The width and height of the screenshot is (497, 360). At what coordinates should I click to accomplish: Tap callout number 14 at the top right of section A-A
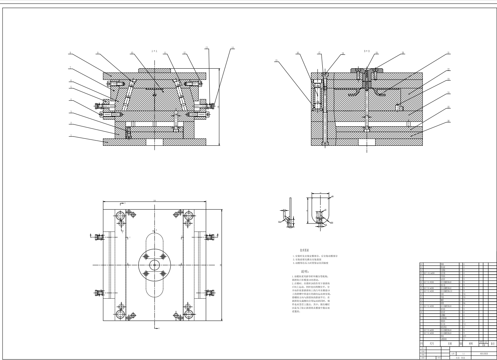coord(232,48)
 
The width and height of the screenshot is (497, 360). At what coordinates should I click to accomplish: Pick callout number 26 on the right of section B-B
coord(449,121)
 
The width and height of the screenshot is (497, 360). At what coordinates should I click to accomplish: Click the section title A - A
coord(154,51)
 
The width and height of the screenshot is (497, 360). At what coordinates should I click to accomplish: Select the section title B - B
coord(367,51)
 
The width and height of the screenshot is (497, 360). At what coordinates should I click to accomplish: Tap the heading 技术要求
coord(304,250)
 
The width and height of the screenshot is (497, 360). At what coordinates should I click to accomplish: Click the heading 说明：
coord(305,272)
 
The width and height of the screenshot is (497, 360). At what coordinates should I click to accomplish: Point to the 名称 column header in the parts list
coord(449,344)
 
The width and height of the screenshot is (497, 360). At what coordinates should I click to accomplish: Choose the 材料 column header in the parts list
coord(470,344)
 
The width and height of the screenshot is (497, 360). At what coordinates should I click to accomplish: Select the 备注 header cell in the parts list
coord(493,344)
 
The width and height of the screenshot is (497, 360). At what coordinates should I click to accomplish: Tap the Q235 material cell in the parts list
coord(464,336)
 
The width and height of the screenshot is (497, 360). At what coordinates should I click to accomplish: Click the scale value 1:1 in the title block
coord(463,354)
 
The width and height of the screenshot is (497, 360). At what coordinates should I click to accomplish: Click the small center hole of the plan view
coord(155,265)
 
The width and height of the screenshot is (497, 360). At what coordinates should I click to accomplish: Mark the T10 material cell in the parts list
coord(464,325)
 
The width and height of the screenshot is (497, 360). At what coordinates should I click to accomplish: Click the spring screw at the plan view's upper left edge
coord(97,237)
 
